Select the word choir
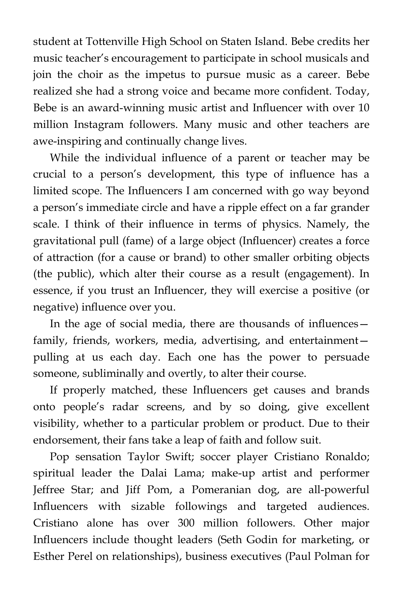pyautogui.click(x=90, y=75)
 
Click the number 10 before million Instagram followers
pyautogui.click(x=363, y=108)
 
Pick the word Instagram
pyautogui.click(x=99, y=125)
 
